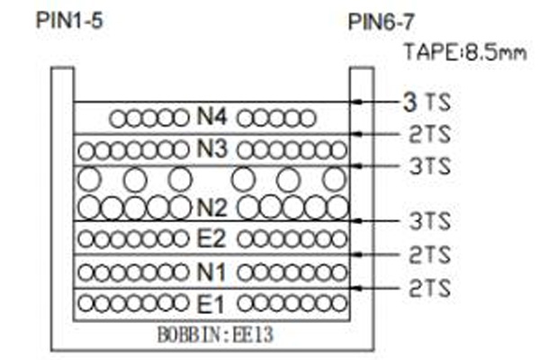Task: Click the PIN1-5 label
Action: (x=69, y=21)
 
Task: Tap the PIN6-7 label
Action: (x=382, y=22)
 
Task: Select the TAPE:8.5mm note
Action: (x=465, y=53)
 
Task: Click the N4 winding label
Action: (x=211, y=116)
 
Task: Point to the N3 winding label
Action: (x=211, y=148)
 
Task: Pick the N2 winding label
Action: (x=211, y=208)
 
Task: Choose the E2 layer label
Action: (x=211, y=238)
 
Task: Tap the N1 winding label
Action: (x=211, y=272)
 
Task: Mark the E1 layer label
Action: (x=211, y=304)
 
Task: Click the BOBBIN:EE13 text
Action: (x=215, y=335)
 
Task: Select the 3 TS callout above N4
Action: (x=427, y=102)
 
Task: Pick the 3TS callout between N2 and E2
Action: (x=430, y=220)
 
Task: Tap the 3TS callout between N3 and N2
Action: (x=430, y=166)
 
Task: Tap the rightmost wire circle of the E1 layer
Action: (x=339, y=303)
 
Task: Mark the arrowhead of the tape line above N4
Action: (x=358, y=102)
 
